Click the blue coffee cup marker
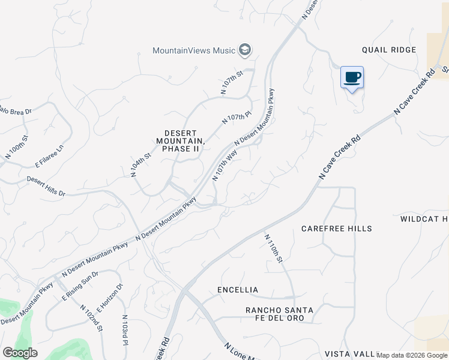pos(352,77)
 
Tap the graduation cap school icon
pos(244,50)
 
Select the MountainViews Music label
pos(194,50)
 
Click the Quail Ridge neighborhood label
pos(389,50)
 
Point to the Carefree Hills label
pos(337,229)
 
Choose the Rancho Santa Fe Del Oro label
pos(279,314)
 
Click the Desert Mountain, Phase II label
pos(181,140)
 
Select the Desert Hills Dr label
pos(46,186)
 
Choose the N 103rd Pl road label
pos(125,331)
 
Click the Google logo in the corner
pos(20,352)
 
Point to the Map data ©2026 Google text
pos(412,355)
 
